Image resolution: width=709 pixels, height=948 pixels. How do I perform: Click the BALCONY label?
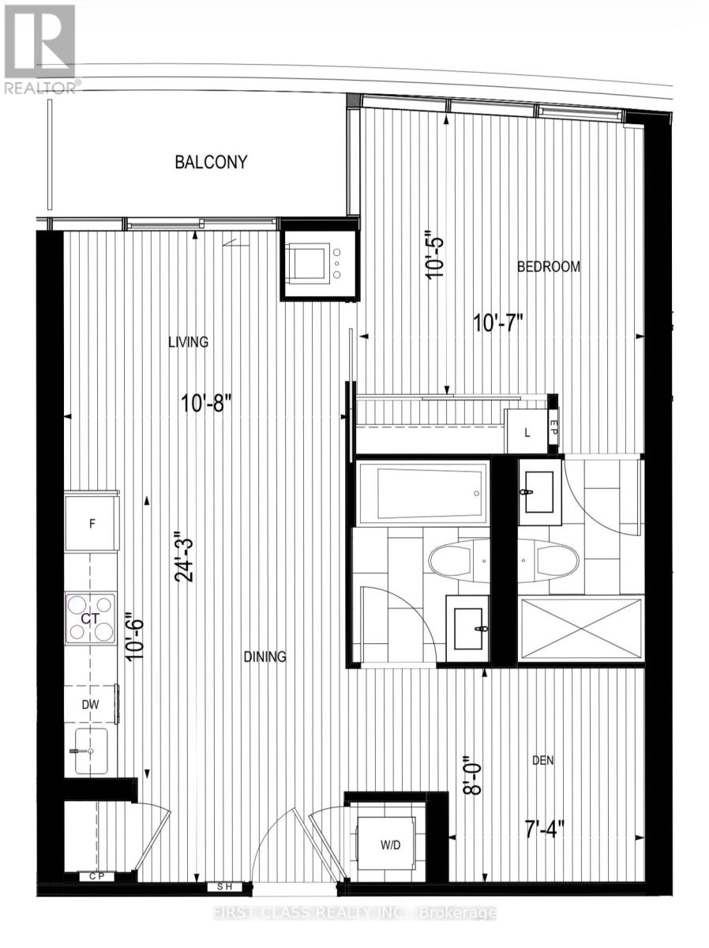211,162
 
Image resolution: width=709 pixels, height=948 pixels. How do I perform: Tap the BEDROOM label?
548,267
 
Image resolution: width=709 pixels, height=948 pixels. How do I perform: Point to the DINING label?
264,656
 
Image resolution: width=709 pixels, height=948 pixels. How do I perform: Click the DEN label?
543,761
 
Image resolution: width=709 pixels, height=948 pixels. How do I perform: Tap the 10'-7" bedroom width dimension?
498,323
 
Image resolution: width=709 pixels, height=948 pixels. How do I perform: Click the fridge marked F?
91,522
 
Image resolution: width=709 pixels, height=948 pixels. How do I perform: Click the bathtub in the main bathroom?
419,493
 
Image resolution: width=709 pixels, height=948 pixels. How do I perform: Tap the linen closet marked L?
526,432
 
